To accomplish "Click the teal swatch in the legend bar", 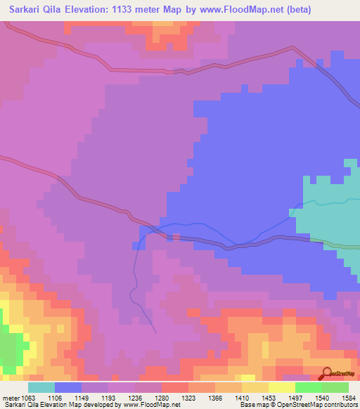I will (41, 387).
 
